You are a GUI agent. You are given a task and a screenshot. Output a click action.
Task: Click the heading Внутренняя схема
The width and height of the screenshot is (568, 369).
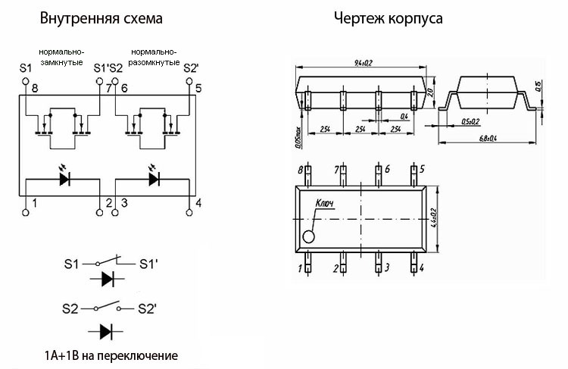point(101,17)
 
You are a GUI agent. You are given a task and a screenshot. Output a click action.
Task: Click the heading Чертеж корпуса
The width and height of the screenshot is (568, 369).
point(389,17)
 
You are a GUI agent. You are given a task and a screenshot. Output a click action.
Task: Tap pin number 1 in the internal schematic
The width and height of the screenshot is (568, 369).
point(34,202)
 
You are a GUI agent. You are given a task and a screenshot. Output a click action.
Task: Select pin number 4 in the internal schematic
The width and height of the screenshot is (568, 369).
point(198,202)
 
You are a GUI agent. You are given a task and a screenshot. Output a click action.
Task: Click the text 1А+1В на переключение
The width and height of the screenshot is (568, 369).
point(111,355)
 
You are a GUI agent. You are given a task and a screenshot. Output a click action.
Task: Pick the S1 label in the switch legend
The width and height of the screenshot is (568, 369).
point(72,264)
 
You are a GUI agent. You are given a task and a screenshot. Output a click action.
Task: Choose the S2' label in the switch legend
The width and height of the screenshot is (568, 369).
point(147,309)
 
